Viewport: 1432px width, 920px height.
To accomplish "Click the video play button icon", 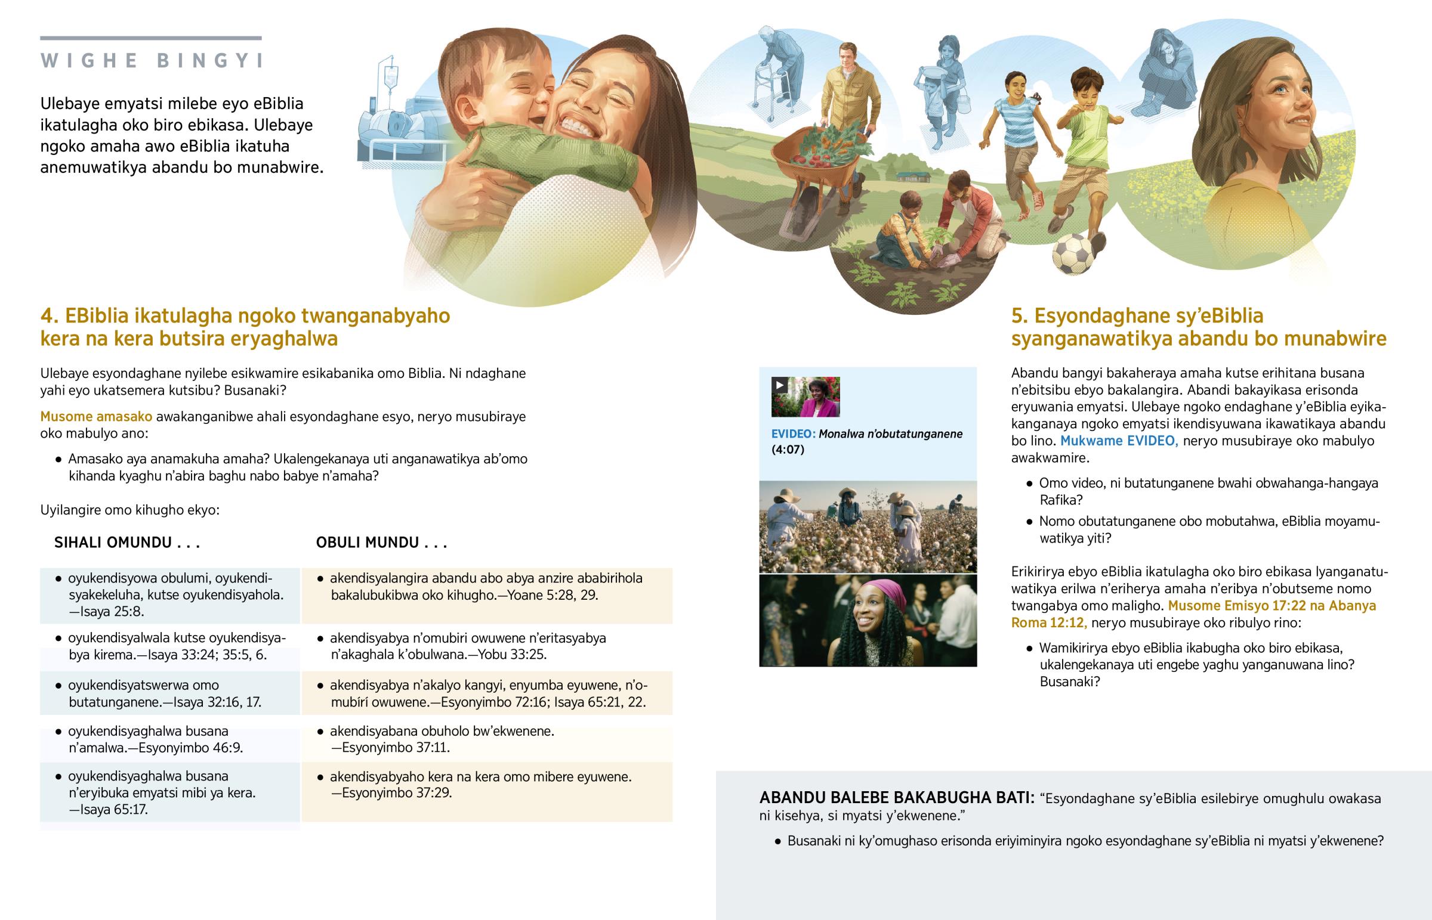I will pyautogui.click(x=779, y=385).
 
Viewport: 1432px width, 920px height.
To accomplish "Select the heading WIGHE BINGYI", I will pyautogui.click(x=152, y=61).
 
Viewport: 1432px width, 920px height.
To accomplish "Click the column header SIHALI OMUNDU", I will pyautogui.click(x=126, y=543).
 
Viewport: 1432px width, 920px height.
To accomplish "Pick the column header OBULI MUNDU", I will pyautogui.click(x=381, y=543).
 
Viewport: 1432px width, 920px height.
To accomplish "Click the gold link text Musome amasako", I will pyautogui.click(x=96, y=417).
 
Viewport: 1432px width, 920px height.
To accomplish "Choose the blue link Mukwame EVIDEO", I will pyautogui.click(x=1119, y=441).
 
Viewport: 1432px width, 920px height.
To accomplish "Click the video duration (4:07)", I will pyautogui.click(x=788, y=450).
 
